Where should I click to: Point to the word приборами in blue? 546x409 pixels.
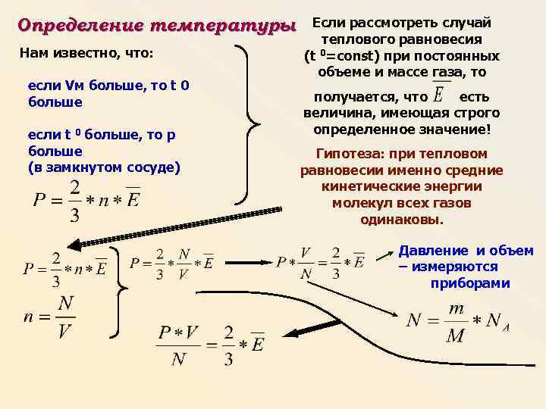[x=470, y=283]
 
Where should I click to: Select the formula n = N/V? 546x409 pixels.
[x=50, y=317]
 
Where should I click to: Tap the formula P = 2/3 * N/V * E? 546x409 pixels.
[x=172, y=262]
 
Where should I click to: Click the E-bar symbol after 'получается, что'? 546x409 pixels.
[x=439, y=96]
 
